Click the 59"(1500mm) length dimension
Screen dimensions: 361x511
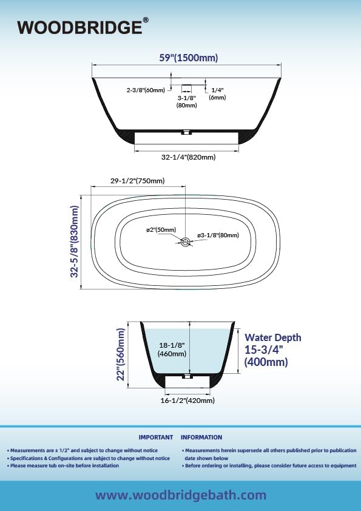(189, 58)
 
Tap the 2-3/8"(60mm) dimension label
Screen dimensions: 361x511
(146, 90)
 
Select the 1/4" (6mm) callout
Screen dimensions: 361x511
(217, 93)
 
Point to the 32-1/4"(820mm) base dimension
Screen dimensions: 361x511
(188, 157)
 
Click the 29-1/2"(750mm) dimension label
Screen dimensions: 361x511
(138, 180)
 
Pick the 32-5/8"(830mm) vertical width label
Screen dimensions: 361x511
(75, 242)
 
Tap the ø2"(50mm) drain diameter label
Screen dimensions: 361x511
(161, 230)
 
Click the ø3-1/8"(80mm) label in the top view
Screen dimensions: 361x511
(218, 235)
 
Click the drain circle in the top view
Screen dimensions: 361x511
(186, 242)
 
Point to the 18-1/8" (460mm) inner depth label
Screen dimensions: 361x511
(172, 350)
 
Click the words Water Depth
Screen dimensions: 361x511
(272, 337)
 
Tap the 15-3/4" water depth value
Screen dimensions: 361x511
(263, 350)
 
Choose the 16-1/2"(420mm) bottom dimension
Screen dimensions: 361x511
(187, 400)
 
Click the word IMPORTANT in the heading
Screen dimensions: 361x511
(156, 438)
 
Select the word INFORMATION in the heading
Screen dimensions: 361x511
(201, 438)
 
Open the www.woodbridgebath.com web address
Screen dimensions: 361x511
(181, 495)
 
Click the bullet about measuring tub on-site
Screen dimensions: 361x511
(63, 465)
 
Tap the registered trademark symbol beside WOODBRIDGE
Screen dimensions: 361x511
(146, 20)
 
